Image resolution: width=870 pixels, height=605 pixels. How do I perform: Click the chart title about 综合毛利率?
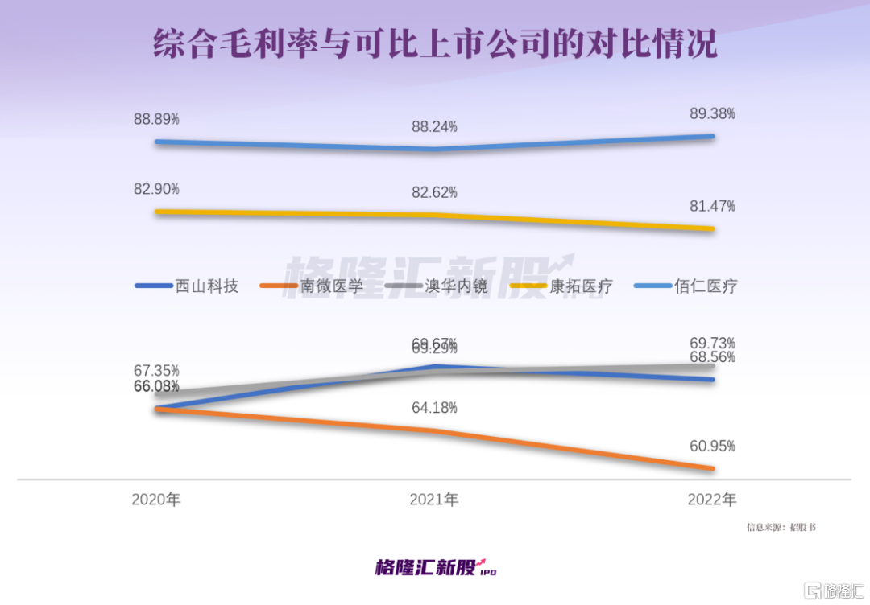(x=435, y=44)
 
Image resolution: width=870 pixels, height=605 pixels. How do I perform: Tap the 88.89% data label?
(x=156, y=119)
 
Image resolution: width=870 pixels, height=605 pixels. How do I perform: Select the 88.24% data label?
(x=434, y=126)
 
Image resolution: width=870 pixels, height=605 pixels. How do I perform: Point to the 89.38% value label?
(x=712, y=114)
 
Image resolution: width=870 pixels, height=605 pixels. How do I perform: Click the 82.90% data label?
(x=156, y=189)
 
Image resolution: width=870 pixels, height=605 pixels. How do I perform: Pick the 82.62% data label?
(x=434, y=192)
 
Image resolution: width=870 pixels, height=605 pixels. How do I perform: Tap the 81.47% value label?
(x=712, y=207)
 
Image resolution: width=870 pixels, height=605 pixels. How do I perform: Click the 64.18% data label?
(x=434, y=408)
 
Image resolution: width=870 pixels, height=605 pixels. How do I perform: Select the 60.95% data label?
(x=712, y=446)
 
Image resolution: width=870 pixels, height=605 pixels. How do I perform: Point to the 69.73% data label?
(x=712, y=344)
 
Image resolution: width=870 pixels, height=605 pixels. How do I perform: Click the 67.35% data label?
(x=156, y=371)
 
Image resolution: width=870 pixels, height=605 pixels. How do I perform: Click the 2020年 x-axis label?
(x=156, y=500)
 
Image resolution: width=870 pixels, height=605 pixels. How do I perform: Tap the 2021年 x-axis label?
(x=434, y=500)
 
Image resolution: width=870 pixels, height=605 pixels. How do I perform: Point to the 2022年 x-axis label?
(x=712, y=500)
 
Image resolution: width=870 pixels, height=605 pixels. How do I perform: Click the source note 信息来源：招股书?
(x=781, y=528)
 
